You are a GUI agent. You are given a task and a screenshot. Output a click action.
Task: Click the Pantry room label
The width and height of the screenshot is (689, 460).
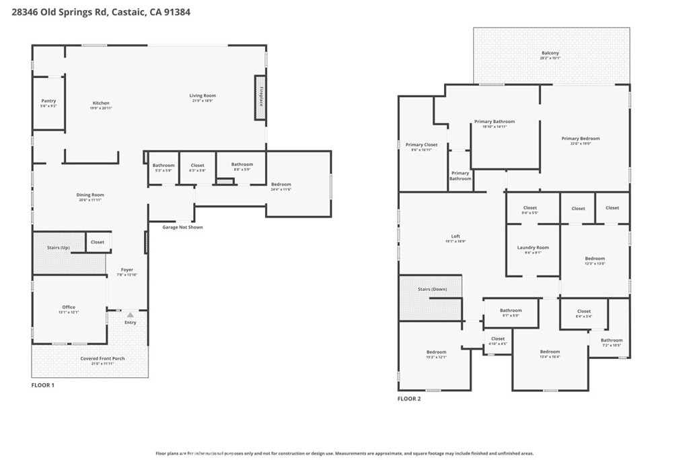(x=48, y=101)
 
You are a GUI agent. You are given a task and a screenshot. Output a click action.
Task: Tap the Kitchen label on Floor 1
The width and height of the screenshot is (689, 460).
(x=101, y=103)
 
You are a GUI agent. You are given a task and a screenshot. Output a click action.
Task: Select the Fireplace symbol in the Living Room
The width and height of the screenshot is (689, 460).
(x=260, y=98)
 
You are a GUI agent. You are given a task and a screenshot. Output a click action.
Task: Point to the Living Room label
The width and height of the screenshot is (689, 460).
(x=202, y=96)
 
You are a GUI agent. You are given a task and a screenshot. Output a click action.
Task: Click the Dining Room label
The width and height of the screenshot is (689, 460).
(x=90, y=195)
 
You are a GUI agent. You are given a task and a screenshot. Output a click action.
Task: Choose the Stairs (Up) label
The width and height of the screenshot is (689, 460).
(x=58, y=248)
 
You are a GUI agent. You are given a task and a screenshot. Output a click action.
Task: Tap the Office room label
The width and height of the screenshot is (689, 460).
(x=69, y=307)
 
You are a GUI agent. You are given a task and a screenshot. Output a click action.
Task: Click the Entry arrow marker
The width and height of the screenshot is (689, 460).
(x=131, y=315)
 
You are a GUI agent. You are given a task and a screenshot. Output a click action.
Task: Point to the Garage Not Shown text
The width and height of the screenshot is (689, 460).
(x=182, y=227)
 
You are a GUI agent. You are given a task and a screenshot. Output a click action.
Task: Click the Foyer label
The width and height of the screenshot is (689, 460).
(x=127, y=270)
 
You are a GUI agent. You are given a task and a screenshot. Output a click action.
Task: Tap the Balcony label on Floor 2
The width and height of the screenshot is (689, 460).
(x=550, y=53)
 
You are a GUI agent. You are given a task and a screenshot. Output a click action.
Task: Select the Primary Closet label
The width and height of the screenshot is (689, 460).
(x=421, y=145)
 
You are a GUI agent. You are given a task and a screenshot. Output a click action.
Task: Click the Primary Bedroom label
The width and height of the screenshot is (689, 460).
(x=580, y=139)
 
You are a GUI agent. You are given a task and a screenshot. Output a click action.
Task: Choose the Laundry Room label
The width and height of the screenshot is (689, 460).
(x=533, y=248)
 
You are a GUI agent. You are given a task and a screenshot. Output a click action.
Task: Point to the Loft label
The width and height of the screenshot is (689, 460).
(x=456, y=236)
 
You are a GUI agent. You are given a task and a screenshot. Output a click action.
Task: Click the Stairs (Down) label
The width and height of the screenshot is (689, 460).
(x=432, y=289)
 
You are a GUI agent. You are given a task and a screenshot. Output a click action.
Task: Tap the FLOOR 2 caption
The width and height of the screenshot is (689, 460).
(x=409, y=399)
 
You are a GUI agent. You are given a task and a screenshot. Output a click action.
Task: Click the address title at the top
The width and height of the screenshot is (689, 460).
(x=102, y=11)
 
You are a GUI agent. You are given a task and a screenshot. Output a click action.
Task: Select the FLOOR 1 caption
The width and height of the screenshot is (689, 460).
(x=43, y=385)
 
